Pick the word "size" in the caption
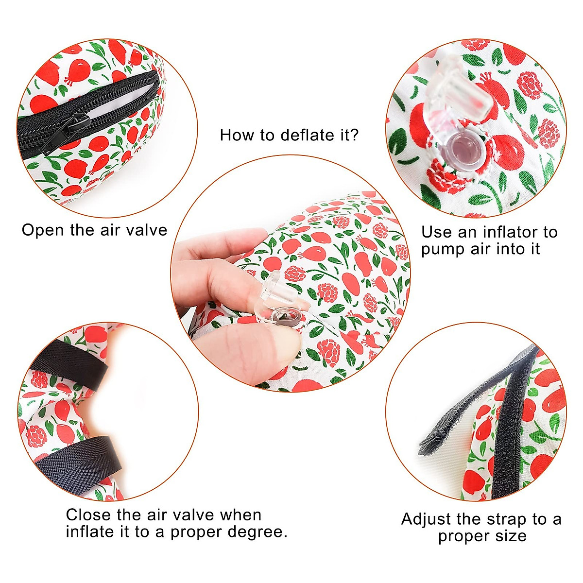point(512,536)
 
